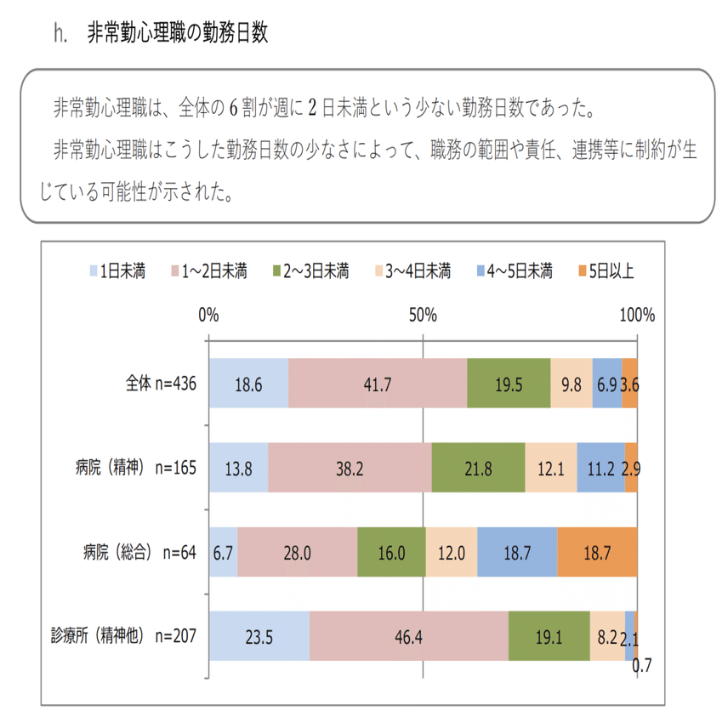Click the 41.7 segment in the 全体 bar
point(378,384)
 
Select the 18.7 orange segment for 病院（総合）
point(597,552)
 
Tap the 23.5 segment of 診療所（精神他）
point(259,636)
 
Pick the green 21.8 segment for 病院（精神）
point(478,468)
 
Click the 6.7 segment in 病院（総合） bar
point(223,552)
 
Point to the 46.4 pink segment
point(408,636)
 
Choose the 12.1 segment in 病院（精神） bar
point(551,468)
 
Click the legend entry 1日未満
point(117,271)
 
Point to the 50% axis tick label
point(423,316)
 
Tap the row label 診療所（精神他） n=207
point(124,636)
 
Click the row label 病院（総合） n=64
point(136,552)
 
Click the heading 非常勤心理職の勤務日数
point(178,34)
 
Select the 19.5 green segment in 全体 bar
point(509,384)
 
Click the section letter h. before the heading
point(60,35)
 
